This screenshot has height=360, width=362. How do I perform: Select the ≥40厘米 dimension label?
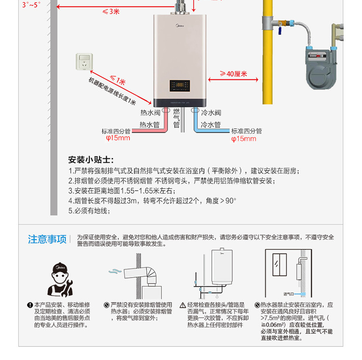tap(233, 74)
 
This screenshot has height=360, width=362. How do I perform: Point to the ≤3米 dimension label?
tap(110, 12)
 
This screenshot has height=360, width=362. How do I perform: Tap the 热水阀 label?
tap(150, 113)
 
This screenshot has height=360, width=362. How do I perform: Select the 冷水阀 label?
tap(211, 113)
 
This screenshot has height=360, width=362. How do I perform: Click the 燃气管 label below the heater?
tap(176, 118)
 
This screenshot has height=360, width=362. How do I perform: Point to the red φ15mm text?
tap(117, 138)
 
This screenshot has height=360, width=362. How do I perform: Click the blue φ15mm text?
tap(243, 139)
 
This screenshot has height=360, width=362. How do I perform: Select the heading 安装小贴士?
tap(91, 160)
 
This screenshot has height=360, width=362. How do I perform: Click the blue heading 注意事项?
tap(47, 239)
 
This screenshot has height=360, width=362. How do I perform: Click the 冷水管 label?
tap(211, 125)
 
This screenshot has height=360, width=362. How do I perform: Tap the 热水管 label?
tap(150, 125)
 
